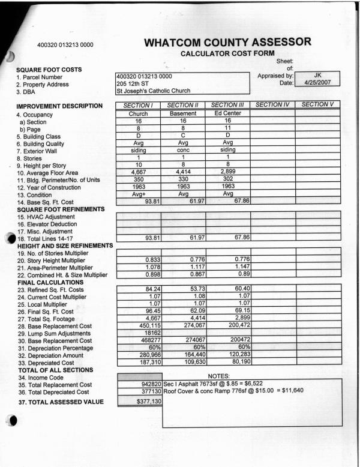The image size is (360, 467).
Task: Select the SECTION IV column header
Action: pyautogui.click(x=272, y=105)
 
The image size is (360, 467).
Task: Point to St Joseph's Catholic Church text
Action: pyautogui.click(x=153, y=91)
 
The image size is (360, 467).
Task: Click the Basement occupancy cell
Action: pyautogui.click(x=183, y=113)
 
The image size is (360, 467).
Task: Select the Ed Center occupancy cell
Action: pyautogui.click(x=227, y=113)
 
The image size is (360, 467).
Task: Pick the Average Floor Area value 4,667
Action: pyautogui.click(x=139, y=172)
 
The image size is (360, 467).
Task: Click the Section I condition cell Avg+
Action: pyautogui.click(x=139, y=193)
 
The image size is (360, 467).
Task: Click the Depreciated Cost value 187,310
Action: pyautogui.click(x=139, y=361)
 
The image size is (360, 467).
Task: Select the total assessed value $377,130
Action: pyautogui.click(x=146, y=402)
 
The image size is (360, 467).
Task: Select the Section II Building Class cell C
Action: pyautogui.click(x=183, y=136)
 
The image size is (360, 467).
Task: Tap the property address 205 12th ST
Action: pyautogui.click(x=133, y=84)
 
